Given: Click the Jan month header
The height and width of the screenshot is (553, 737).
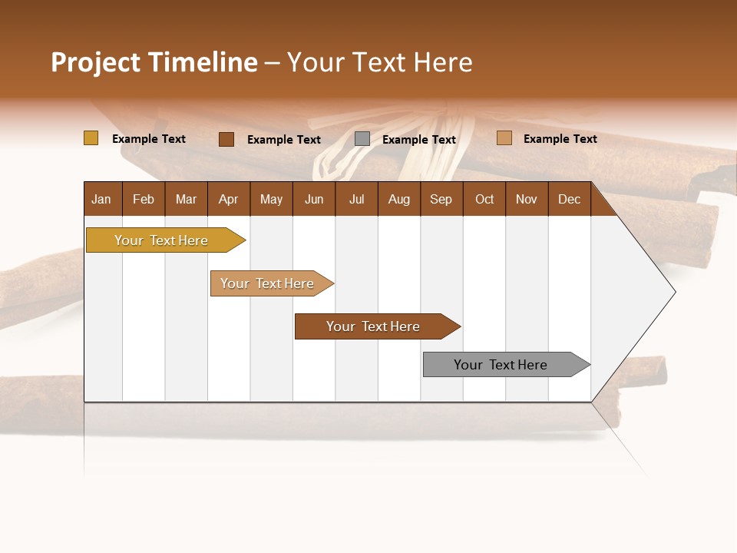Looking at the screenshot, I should [x=102, y=200].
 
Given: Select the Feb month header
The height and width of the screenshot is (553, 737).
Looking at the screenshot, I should [x=144, y=200].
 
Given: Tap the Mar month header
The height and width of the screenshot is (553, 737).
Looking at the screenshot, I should [x=186, y=200].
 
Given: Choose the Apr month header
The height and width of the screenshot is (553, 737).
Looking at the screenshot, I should [x=229, y=200].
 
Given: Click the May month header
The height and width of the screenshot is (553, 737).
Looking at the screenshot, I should [x=271, y=200].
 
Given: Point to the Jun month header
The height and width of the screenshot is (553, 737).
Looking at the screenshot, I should [x=314, y=200].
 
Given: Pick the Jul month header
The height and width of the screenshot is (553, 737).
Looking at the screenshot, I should [x=356, y=200].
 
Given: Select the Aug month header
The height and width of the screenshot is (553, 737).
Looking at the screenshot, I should [x=399, y=200].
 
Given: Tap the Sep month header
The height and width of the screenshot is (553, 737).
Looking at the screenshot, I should [x=441, y=200].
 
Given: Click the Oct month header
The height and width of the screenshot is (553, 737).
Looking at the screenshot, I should [x=484, y=200].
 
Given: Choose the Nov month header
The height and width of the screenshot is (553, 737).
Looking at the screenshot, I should [x=527, y=200].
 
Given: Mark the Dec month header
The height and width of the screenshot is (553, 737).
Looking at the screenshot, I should [x=570, y=200].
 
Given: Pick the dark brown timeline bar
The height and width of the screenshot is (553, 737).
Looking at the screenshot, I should [x=374, y=326].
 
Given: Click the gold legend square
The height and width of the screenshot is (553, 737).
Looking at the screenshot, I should [x=91, y=138].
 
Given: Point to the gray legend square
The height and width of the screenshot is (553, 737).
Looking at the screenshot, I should [x=362, y=139].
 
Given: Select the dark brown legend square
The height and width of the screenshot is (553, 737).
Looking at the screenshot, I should [x=226, y=139].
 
